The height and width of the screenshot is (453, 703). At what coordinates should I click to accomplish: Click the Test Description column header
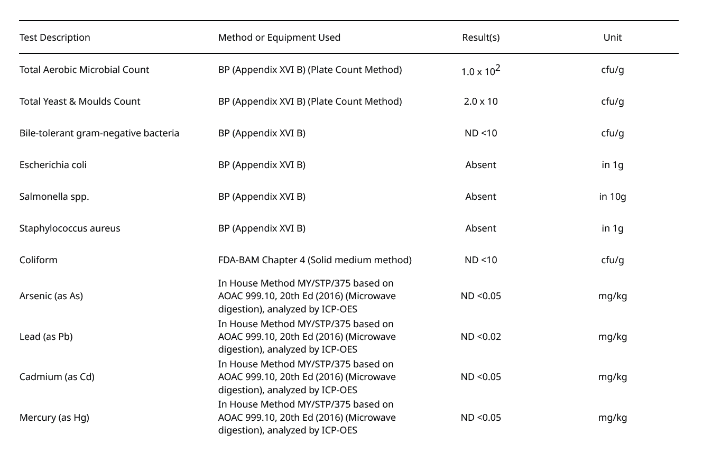pyautogui.click(x=55, y=38)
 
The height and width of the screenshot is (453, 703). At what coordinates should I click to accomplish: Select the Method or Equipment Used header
pyautogui.click(x=279, y=38)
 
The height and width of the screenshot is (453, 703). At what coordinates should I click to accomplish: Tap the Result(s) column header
pyautogui.click(x=480, y=38)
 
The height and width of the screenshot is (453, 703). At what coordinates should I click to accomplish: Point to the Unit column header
pyautogui.click(x=613, y=38)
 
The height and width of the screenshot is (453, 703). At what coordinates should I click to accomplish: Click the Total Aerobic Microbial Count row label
pyautogui.click(x=84, y=70)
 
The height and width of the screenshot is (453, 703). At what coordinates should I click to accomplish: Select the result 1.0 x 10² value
pyautogui.click(x=480, y=71)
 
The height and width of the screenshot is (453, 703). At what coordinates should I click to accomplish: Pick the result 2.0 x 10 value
pyautogui.click(x=480, y=101)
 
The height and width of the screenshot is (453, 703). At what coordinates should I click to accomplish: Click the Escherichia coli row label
pyautogui.click(x=53, y=165)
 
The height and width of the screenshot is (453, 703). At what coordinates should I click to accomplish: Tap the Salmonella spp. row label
pyautogui.click(x=54, y=197)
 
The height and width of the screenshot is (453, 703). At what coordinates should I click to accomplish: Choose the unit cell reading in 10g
pyautogui.click(x=613, y=197)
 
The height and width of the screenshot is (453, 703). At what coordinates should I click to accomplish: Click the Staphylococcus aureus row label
pyautogui.click(x=70, y=228)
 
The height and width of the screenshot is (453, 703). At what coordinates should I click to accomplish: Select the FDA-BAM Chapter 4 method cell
pyautogui.click(x=314, y=260)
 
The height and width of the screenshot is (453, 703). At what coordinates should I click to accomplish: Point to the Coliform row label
pyautogui.click(x=39, y=260)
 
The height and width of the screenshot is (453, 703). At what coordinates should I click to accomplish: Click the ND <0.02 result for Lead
pyautogui.click(x=480, y=337)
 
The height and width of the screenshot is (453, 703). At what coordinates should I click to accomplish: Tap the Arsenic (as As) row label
pyautogui.click(x=51, y=296)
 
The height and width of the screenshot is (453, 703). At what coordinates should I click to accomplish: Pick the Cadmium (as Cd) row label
pyautogui.click(x=57, y=377)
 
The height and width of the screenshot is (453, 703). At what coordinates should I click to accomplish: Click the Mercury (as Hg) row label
pyautogui.click(x=54, y=418)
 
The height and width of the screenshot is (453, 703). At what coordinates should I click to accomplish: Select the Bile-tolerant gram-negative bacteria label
pyautogui.click(x=99, y=133)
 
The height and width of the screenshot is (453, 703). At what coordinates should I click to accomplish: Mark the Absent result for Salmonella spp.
pyautogui.click(x=480, y=197)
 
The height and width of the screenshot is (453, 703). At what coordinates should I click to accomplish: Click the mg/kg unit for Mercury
pyautogui.click(x=613, y=418)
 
